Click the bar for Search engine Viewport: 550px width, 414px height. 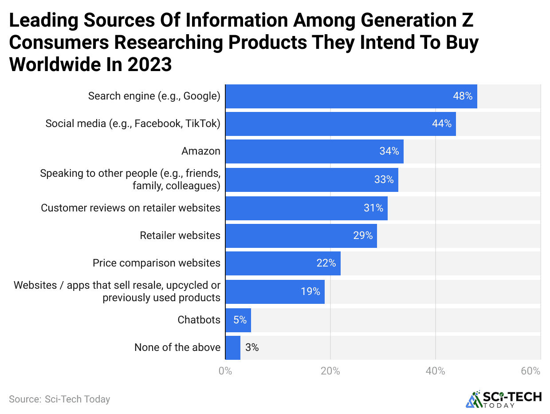(x=351, y=96)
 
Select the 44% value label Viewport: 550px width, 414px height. (x=442, y=124)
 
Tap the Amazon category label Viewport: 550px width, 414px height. (x=200, y=151)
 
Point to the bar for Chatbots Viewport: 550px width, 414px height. (x=238, y=320)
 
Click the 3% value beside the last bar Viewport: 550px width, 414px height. (x=252, y=348)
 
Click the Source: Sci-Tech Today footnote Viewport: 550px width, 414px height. (x=59, y=399)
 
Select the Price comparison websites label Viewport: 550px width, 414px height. (x=156, y=263)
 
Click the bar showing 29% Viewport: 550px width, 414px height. (x=301, y=236)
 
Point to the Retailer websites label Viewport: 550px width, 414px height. (x=180, y=235)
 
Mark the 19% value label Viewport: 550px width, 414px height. (x=310, y=292)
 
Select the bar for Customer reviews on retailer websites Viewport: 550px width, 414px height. (x=306, y=208)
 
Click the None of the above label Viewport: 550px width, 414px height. (x=177, y=347)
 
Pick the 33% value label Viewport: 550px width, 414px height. (x=384, y=180)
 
